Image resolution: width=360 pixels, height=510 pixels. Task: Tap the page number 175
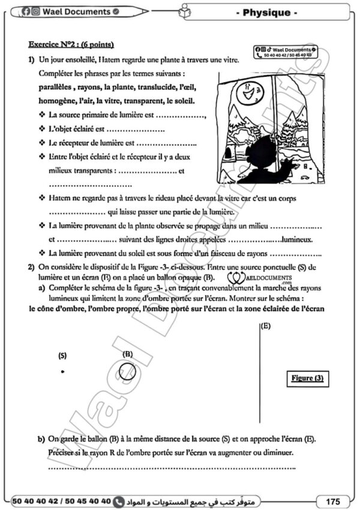tap(334, 500)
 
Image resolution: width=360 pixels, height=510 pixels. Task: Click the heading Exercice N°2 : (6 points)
tap(71, 45)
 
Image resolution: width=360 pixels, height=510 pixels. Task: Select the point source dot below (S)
tap(62, 372)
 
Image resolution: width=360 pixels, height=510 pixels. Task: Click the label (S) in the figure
tap(62, 355)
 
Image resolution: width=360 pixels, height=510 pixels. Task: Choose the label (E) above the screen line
tap(265, 326)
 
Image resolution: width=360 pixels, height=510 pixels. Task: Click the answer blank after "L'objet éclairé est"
tap(135, 129)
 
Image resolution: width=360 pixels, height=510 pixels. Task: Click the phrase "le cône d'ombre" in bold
tap(56, 309)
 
